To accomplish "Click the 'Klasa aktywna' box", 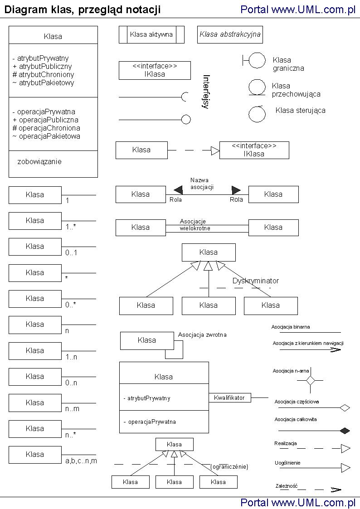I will (151, 34).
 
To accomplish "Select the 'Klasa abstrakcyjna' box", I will (230, 34).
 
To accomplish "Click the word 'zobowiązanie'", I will (39, 161).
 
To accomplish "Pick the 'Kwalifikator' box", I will (229, 398).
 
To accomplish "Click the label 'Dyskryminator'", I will (256, 281).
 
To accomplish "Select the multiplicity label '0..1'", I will (71, 253).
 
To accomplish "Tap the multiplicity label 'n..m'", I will (72, 409).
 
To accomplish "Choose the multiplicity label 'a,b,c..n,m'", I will (81, 461).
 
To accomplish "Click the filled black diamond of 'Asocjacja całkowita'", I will (345, 430).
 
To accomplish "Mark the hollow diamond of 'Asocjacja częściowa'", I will (345, 408).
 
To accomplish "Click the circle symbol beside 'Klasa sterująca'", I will (257, 114).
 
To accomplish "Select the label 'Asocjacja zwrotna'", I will (202, 335).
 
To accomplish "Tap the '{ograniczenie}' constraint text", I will (229, 466).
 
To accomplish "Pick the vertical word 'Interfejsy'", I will (206, 92).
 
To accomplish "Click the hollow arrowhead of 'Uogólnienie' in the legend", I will (346, 468).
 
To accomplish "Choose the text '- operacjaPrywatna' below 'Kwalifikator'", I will (150, 422).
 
